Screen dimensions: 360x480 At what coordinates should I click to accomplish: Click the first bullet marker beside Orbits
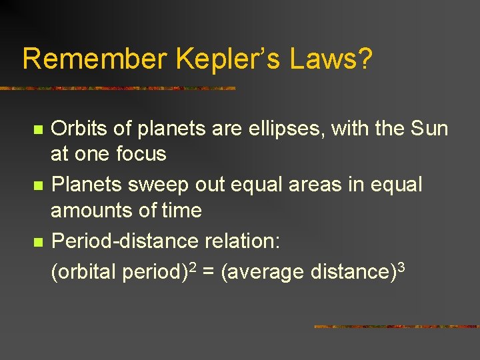39,128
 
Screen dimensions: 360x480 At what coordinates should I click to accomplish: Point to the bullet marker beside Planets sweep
39,185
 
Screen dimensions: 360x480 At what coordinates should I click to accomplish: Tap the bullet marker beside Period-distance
39,241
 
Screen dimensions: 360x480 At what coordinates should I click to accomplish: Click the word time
181,211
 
